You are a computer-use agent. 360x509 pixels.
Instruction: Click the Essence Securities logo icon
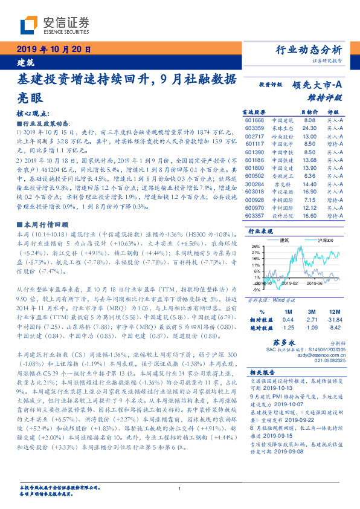pos(29,27)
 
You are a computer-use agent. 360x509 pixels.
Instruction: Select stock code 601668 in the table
pos(254,121)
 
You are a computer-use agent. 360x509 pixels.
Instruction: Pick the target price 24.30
pos(309,128)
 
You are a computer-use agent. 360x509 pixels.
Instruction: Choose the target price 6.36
pos(309,176)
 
